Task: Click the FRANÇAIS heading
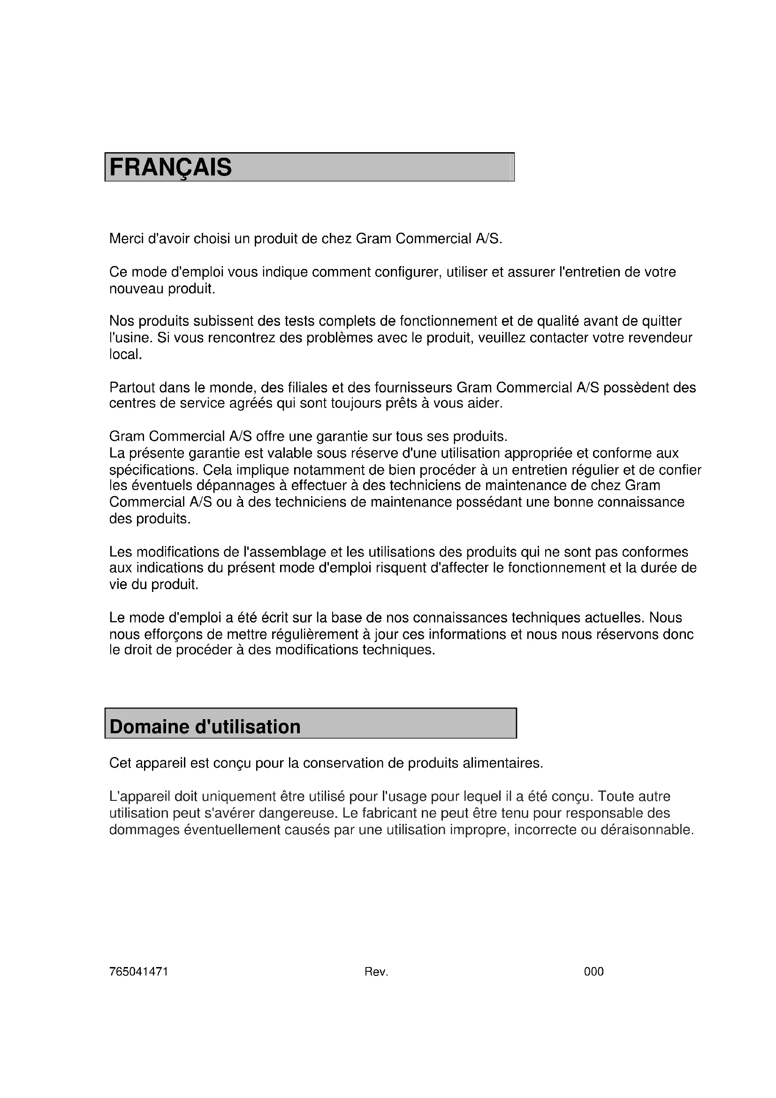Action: coord(171,168)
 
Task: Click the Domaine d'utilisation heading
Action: coord(205,727)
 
